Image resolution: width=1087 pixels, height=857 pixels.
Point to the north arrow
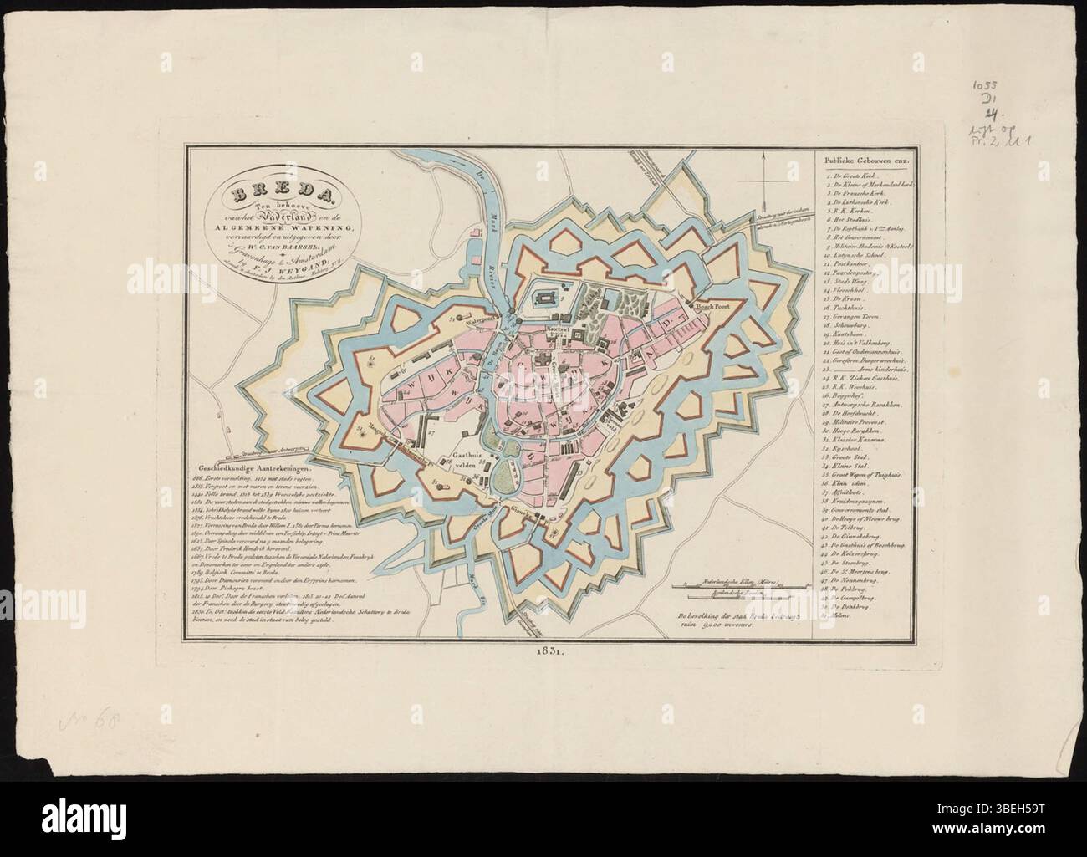point(763,181)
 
